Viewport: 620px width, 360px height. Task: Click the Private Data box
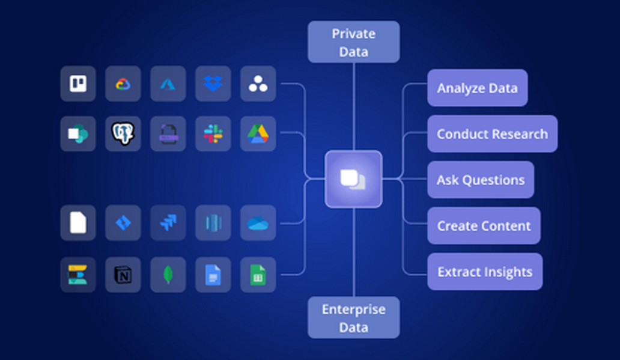pos(353,42)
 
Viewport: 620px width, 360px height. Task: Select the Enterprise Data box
pos(353,318)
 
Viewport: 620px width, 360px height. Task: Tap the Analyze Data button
pos(477,88)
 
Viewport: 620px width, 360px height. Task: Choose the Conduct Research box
pos(492,133)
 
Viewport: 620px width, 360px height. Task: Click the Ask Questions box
pos(481,180)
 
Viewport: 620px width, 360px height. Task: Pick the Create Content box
pos(484,226)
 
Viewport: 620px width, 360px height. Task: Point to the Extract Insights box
pos(485,272)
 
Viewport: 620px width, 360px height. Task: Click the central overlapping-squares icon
pos(353,179)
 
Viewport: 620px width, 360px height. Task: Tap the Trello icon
pos(78,84)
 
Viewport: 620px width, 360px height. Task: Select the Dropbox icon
pos(213,84)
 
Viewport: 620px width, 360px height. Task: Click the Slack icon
pos(213,134)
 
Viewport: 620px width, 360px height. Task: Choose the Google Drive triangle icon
pos(258,134)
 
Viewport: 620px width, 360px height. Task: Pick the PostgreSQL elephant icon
pos(123,134)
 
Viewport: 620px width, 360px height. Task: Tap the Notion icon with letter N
pos(123,275)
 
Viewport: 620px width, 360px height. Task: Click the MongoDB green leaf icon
pos(168,275)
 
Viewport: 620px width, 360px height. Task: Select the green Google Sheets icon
pos(258,275)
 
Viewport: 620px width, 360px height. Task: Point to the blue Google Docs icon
pos(213,275)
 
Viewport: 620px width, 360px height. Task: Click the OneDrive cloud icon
pos(258,223)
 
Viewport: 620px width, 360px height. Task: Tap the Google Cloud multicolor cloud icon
pos(123,84)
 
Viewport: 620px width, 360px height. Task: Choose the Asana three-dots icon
pos(258,84)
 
